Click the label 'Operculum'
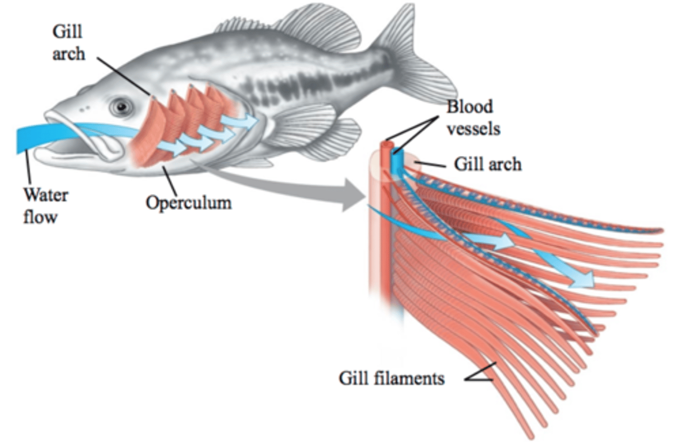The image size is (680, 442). click(188, 203)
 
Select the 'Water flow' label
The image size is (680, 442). click(45, 205)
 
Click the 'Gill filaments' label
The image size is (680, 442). click(391, 378)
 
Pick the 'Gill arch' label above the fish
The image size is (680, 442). click(68, 42)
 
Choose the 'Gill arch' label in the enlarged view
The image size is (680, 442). click(487, 164)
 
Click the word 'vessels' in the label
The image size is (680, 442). click(473, 128)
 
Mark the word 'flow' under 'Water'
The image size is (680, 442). click(40, 217)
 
